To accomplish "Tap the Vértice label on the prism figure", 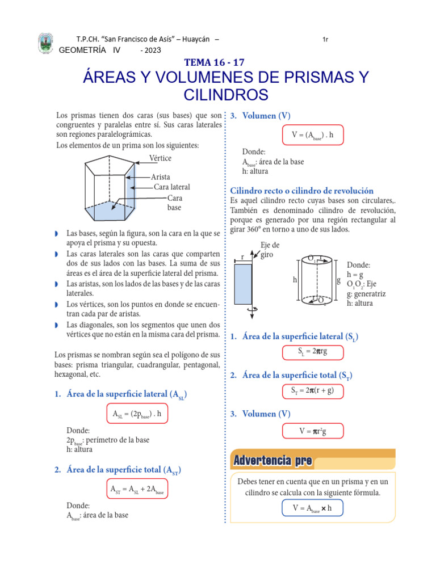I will click(160, 158).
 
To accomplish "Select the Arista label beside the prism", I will click(161, 177).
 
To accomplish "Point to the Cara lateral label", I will click(171, 187).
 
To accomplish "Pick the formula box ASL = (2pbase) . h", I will click(137, 414).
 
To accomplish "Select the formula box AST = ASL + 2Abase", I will click(137, 489).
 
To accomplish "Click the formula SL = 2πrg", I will click(313, 352).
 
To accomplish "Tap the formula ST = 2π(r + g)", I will click(313, 390).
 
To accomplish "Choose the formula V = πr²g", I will click(313, 431).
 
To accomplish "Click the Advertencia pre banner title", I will click(272, 461).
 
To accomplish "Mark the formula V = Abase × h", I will click(312, 508).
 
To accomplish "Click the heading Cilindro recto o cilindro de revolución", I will click(301, 191).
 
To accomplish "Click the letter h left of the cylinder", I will click(294, 280).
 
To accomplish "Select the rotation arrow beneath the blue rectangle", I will click(254, 308).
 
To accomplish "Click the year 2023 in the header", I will click(153, 50).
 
